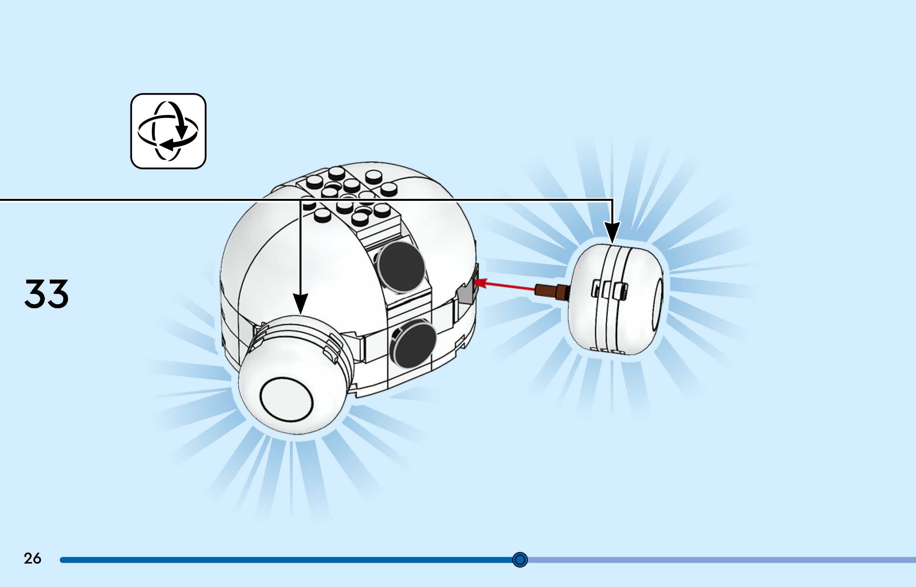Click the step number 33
[47, 294]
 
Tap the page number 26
[32, 558]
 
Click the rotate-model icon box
[168, 131]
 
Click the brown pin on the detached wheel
[551, 292]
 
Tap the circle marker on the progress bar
[520, 560]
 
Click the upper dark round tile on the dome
[400, 266]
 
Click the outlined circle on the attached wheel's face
[286, 400]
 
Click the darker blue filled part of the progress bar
[278, 560]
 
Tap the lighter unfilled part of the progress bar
[716, 560]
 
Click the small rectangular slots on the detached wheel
[610, 290]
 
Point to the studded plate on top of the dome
[350, 195]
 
